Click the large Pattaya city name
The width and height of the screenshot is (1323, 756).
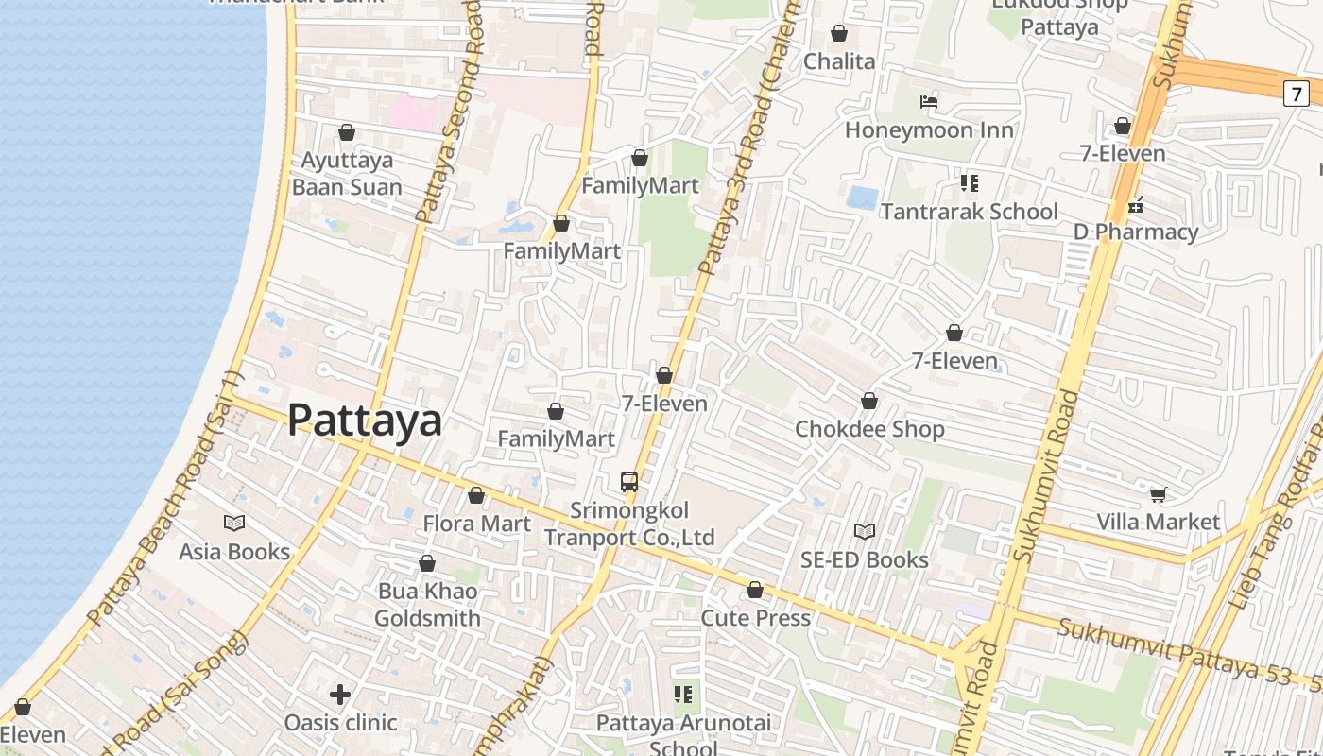click(x=364, y=420)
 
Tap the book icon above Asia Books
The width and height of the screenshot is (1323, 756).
click(x=234, y=523)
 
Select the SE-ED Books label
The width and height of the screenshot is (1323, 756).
click(x=864, y=559)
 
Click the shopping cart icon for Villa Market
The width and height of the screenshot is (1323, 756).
click(x=1158, y=494)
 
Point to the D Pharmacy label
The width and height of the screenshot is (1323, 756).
click(x=1136, y=232)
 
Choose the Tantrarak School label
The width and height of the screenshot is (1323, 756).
click(x=970, y=211)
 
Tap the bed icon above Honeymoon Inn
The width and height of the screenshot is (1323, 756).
click(x=929, y=102)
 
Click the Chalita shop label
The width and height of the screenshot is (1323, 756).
click(x=839, y=61)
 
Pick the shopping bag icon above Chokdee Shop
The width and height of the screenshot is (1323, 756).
click(x=869, y=402)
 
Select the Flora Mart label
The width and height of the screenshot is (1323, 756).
click(x=476, y=523)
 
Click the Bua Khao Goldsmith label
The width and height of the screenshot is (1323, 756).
click(x=427, y=605)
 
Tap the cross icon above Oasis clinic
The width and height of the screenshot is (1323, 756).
click(x=340, y=696)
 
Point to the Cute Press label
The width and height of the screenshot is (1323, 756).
click(x=755, y=618)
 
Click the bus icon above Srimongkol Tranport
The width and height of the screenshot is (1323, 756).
click(x=629, y=482)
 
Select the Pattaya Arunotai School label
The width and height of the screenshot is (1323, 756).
click(x=683, y=735)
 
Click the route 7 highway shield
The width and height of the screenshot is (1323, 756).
click(x=1297, y=94)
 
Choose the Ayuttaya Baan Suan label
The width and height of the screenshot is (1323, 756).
click(x=347, y=174)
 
